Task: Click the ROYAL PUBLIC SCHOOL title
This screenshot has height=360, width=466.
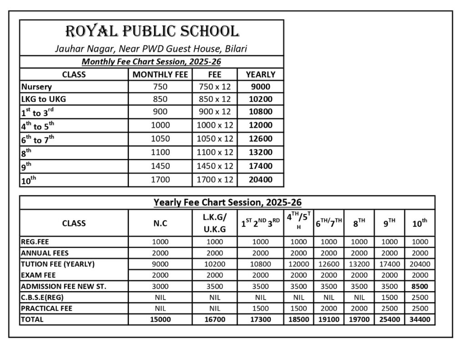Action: click(152, 31)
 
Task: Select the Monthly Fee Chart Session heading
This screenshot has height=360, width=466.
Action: click(152, 61)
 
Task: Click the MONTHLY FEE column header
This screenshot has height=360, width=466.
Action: click(160, 74)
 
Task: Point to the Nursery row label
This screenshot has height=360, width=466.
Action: click(36, 86)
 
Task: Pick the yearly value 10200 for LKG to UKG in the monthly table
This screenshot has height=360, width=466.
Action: click(260, 99)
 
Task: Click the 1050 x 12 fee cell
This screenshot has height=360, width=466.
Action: click(215, 139)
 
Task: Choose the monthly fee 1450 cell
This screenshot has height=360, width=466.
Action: click(160, 166)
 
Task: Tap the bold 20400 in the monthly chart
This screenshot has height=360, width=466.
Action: click(260, 180)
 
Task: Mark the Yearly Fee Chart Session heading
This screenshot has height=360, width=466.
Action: click(228, 202)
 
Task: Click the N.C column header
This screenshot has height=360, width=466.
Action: click(160, 223)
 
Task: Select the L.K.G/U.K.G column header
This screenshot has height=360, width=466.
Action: click(215, 223)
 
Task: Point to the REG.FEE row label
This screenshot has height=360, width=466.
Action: click(35, 242)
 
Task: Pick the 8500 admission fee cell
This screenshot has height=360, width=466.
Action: click(420, 286)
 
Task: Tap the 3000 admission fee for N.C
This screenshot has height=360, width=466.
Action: click(160, 286)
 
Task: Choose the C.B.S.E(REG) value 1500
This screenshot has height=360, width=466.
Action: click(389, 297)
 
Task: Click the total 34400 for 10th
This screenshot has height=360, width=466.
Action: click(420, 319)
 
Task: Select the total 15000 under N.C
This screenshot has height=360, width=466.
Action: click(160, 319)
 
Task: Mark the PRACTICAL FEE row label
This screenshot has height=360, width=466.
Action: click(47, 309)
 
